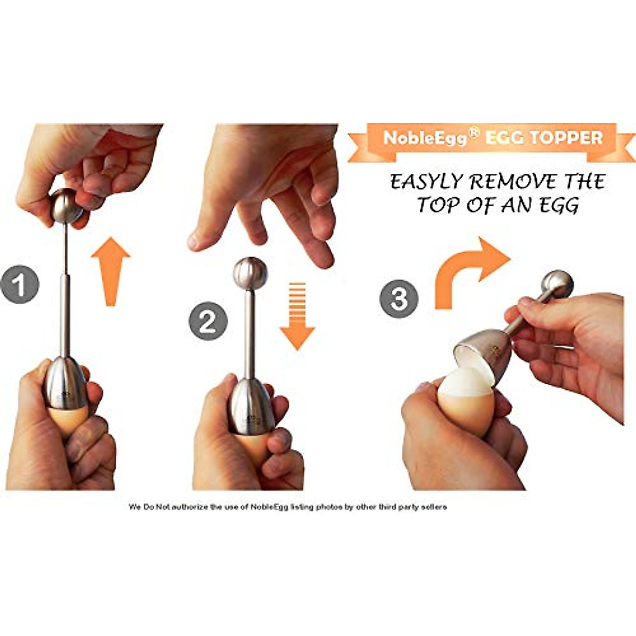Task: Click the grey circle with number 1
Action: (x=20, y=285)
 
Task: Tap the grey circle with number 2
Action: (x=208, y=321)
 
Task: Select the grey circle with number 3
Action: (x=399, y=298)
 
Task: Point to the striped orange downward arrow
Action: (x=297, y=316)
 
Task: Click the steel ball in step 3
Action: (x=558, y=285)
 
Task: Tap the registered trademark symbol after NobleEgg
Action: (x=474, y=132)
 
